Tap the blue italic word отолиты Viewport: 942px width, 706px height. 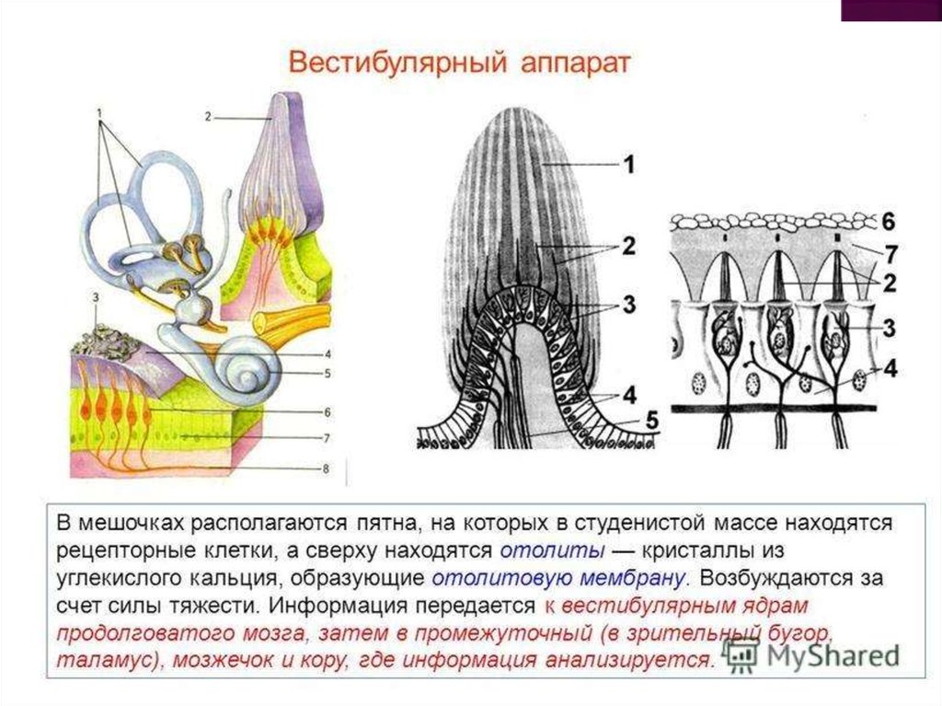[x=552, y=552]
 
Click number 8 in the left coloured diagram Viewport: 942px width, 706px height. [x=325, y=469]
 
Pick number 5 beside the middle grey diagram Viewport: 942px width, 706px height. [x=651, y=420]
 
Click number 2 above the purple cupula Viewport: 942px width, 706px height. [x=209, y=117]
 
